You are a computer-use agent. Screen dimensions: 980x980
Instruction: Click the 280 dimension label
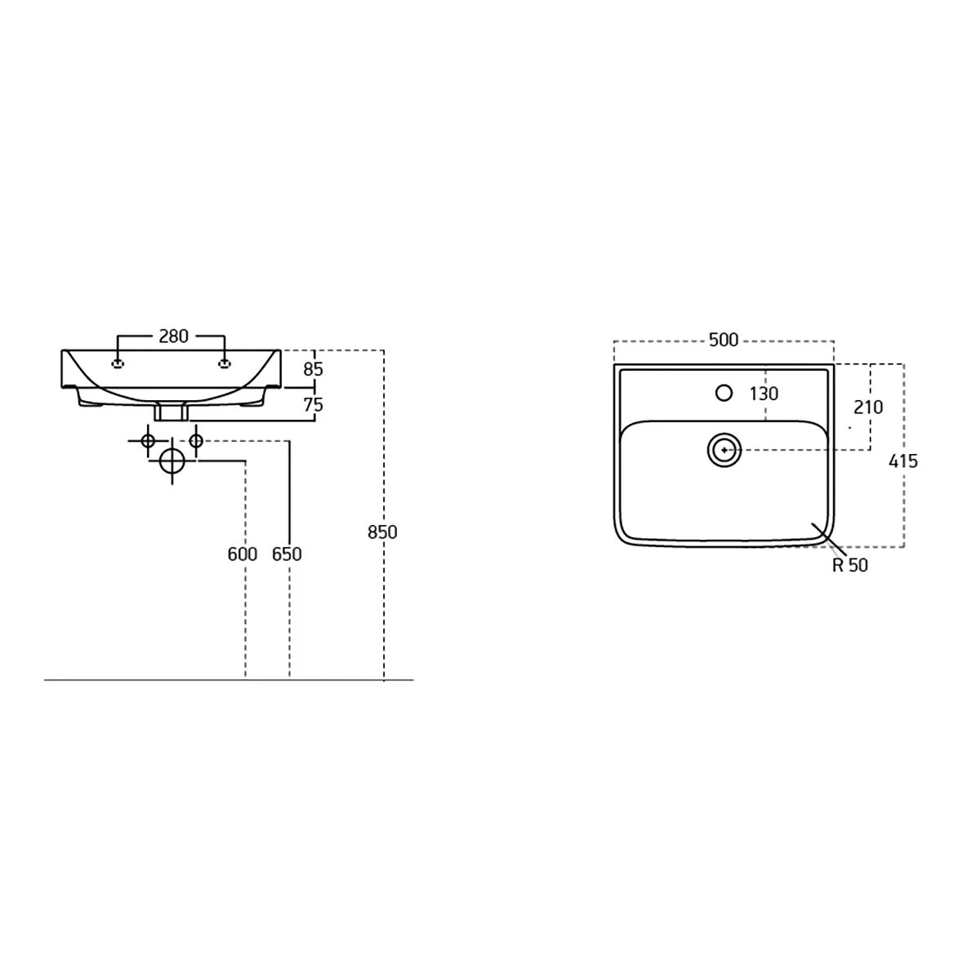(173, 336)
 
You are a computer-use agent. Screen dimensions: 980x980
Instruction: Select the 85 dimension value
(313, 370)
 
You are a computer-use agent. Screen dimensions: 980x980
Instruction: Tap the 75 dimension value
(313, 405)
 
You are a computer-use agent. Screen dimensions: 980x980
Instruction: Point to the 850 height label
(382, 532)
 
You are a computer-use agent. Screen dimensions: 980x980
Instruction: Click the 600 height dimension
(242, 554)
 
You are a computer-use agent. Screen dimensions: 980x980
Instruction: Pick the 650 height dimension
(287, 554)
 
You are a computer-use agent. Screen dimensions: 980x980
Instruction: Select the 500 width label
(724, 340)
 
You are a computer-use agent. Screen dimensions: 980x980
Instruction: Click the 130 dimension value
(764, 394)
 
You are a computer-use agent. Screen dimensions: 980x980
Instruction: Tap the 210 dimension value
(868, 407)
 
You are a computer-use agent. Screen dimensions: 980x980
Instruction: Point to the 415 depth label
(903, 461)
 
